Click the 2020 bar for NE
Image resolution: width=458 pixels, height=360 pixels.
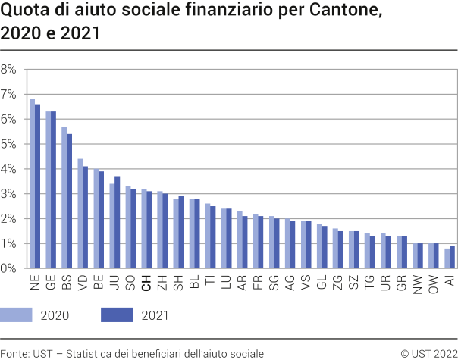(x=32, y=184)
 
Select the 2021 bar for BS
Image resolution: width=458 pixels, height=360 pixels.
(x=70, y=202)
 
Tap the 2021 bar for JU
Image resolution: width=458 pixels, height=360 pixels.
(x=118, y=223)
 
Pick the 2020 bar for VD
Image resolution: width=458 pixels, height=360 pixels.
(x=80, y=214)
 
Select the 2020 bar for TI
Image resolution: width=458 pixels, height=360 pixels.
(x=208, y=236)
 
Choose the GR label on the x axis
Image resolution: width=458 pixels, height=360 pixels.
(x=402, y=283)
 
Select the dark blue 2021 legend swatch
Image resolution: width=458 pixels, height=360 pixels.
(x=116, y=315)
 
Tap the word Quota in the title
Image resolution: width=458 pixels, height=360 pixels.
(x=24, y=12)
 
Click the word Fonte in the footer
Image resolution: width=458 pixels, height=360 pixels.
(x=16, y=353)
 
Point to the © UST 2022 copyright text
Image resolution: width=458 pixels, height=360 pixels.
(x=428, y=353)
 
